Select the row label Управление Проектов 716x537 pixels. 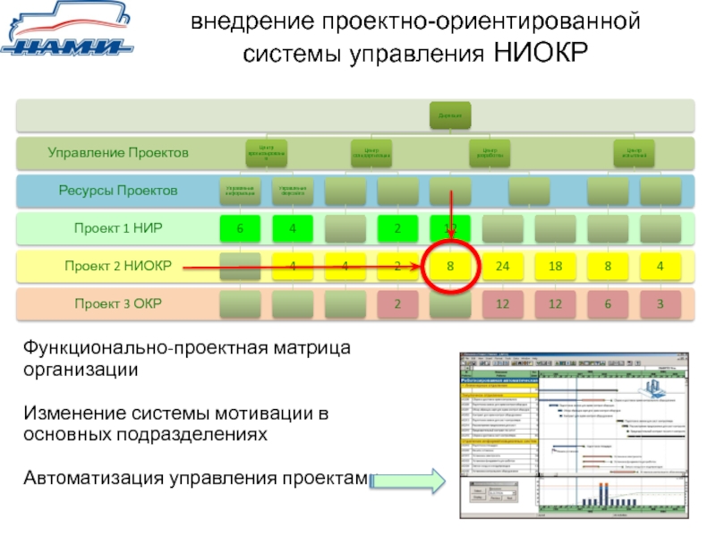(x=118, y=153)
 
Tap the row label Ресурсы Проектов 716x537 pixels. (x=118, y=191)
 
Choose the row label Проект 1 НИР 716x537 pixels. (x=118, y=228)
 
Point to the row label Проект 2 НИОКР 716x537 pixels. (x=118, y=266)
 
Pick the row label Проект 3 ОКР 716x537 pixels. (x=118, y=303)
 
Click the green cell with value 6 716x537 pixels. (x=240, y=228)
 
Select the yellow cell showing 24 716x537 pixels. (x=503, y=266)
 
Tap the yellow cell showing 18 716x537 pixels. (x=555, y=266)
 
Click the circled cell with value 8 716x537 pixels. (x=451, y=266)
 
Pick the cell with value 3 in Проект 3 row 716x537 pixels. (x=661, y=304)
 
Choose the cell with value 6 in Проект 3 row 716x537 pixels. (x=608, y=304)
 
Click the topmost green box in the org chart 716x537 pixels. (x=450, y=115)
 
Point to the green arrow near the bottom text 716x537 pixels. (x=407, y=482)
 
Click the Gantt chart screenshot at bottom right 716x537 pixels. (x=576, y=436)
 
